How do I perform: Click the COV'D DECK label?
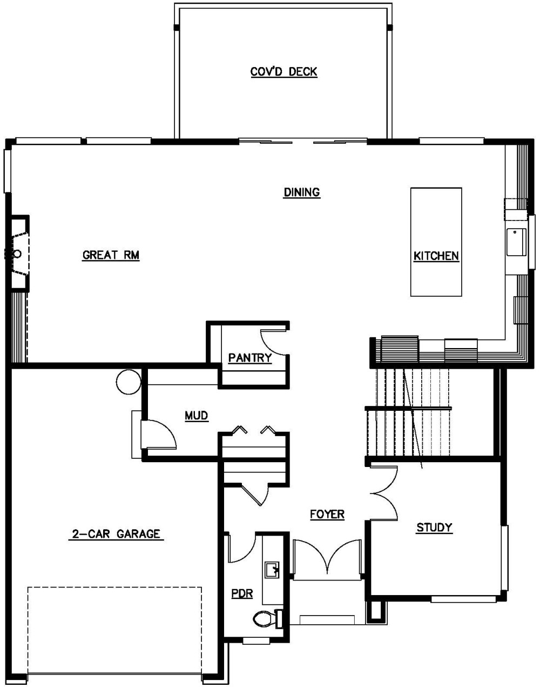283,72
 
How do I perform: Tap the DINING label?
302,192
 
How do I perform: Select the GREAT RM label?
111,255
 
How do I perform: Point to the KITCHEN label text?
436,256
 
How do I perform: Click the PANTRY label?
249,358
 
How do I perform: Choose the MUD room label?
197,416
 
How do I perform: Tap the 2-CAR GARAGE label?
116,534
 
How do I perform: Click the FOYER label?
327,514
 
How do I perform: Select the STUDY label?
434,528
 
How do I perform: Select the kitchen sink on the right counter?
516,242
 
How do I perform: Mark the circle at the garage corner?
128,382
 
